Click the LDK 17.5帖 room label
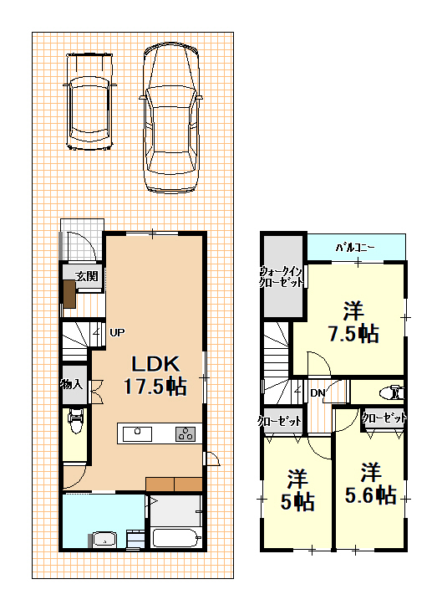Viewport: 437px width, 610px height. [155, 376]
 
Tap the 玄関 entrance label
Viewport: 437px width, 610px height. [87, 276]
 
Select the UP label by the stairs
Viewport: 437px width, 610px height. [117, 333]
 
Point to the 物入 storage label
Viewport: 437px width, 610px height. [72, 385]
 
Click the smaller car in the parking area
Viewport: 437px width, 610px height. [89, 101]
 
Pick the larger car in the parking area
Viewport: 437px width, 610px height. [171, 118]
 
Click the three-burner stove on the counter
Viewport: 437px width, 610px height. [185, 433]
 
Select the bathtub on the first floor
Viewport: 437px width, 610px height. [177, 538]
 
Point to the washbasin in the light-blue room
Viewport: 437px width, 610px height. [104, 540]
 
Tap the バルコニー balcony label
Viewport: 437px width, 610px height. [355, 248]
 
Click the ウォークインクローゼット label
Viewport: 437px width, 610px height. [282, 277]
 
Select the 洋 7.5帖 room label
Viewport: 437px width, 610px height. [353, 321]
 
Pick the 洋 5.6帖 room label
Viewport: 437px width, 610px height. [371, 484]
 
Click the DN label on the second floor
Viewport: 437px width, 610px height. [318, 393]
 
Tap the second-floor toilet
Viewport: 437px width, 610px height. [393, 392]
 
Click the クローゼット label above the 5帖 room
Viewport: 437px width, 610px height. [280, 421]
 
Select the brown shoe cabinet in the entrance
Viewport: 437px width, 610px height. [69, 294]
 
